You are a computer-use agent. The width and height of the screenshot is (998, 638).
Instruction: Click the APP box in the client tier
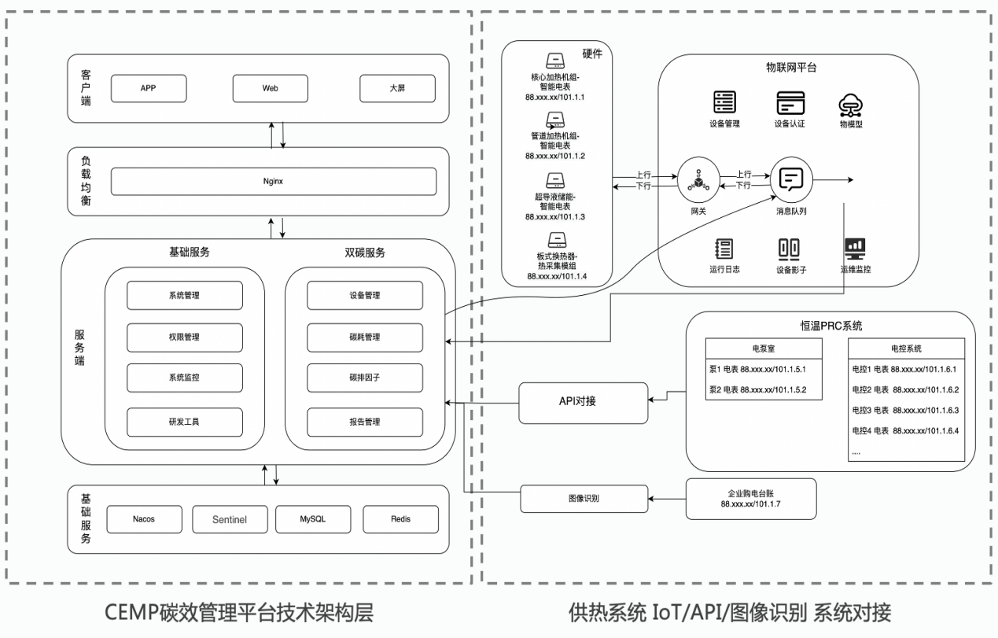pos(148,88)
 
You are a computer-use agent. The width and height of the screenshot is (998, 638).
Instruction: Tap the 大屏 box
pos(397,88)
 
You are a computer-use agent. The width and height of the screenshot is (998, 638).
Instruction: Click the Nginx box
pos(273,181)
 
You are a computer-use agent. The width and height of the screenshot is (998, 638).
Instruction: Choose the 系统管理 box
pos(185,295)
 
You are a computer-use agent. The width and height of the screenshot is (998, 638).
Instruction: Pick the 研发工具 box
pos(185,422)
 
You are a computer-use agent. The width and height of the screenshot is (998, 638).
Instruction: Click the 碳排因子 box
pos(365,379)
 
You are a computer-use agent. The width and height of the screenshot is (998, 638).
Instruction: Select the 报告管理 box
pos(365,422)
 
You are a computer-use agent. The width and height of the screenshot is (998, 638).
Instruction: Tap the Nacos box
pos(143,519)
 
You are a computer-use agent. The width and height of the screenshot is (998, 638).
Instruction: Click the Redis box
pos(400,519)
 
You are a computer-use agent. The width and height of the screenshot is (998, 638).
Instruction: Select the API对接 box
pos(582,401)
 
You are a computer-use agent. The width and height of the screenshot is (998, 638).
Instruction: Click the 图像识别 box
pos(583,498)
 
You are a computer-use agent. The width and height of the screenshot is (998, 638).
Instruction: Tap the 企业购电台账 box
pos(751,498)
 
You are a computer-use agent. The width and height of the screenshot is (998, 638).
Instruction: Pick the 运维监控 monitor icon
pos(855,249)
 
